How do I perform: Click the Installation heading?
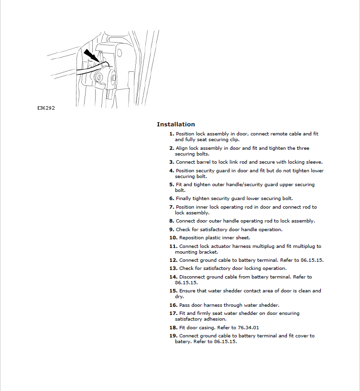(x=175, y=124)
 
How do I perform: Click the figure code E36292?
(x=46, y=108)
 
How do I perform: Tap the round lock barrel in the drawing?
(x=99, y=77)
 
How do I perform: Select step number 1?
(x=171, y=134)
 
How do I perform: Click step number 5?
(x=171, y=184)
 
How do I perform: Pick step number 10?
(x=173, y=237)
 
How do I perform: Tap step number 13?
(x=173, y=268)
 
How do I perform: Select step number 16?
(x=173, y=305)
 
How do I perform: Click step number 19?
(x=173, y=336)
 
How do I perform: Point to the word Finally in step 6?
(x=184, y=198)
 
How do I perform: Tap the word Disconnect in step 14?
(x=193, y=277)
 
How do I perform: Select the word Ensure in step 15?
(x=187, y=291)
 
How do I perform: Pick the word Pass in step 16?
(x=184, y=305)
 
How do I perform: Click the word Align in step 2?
(x=182, y=148)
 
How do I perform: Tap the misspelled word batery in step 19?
(x=183, y=342)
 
